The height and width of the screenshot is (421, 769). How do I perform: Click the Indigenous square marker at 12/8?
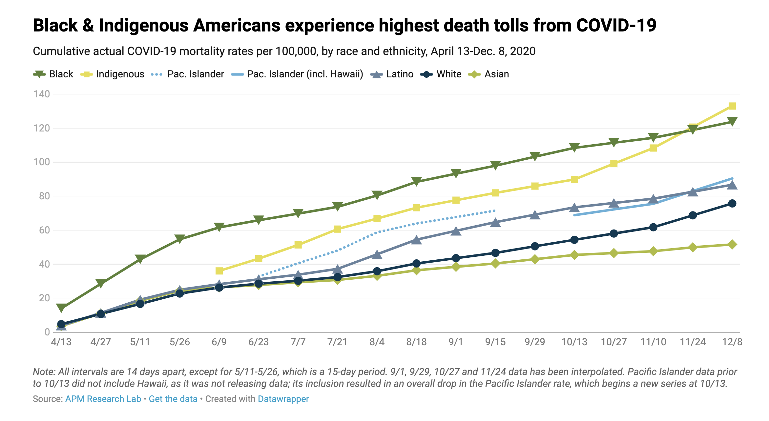coord(732,106)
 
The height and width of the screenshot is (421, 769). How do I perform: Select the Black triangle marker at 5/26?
coord(180,239)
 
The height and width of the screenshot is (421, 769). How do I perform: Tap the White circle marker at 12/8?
coord(732,203)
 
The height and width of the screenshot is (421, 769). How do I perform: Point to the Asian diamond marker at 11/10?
coord(653,251)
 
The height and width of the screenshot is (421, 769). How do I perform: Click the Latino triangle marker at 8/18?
coord(416,240)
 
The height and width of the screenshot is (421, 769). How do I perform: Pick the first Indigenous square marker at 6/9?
coord(219,271)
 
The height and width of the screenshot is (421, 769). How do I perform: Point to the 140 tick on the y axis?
coord(42,94)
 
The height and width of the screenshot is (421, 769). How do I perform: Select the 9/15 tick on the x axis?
coord(495,342)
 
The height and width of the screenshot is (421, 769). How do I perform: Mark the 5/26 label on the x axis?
coord(180,342)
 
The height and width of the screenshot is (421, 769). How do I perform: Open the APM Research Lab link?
coord(103,399)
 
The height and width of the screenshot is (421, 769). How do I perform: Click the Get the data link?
coord(173,399)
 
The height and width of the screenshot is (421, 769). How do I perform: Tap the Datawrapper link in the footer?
coord(283,399)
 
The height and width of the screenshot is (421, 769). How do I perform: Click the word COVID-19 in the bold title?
coord(616,26)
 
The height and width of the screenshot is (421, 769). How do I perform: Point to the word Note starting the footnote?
coord(43,372)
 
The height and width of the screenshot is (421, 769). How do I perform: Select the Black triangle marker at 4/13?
coord(61,308)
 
